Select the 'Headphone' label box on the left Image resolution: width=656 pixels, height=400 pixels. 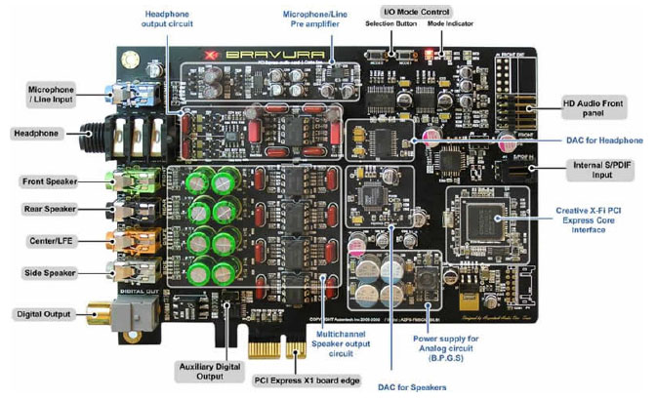(x=34, y=133)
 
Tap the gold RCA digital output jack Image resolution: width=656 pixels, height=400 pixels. (x=95, y=314)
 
